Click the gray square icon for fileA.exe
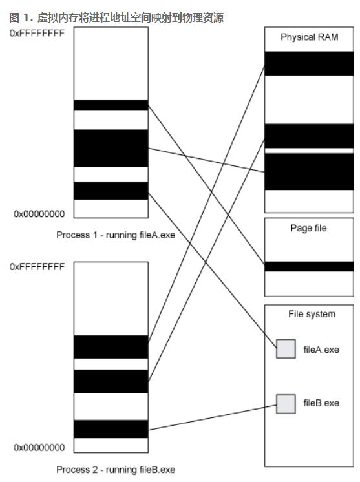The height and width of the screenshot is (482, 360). click(286, 349)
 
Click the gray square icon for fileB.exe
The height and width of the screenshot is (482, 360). click(286, 404)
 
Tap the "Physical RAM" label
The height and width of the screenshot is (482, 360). click(310, 37)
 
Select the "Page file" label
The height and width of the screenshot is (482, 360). click(309, 228)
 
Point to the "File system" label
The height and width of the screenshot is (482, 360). click(312, 314)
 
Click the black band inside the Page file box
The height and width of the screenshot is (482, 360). click(310, 266)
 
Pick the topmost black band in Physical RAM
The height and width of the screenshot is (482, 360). click(310, 63)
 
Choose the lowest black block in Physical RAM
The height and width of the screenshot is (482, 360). click(310, 171)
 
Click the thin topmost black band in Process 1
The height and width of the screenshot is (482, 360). click(111, 105)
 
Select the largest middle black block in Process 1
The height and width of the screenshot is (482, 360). click(111, 148)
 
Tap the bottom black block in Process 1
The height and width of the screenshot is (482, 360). click(111, 191)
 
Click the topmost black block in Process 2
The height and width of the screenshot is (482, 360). click(111, 347)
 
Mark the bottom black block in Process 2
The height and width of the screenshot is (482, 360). click(111, 429)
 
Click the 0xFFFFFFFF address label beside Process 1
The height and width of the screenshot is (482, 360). click(37, 33)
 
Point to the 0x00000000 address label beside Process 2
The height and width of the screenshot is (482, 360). click(39, 448)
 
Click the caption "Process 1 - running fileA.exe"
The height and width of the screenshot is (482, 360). click(116, 235)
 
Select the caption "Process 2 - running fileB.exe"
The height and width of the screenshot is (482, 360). click(116, 470)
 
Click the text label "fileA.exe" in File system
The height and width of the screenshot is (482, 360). click(321, 350)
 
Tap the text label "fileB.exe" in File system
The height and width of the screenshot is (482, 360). click(321, 403)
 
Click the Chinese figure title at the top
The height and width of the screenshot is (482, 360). click(116, 17)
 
